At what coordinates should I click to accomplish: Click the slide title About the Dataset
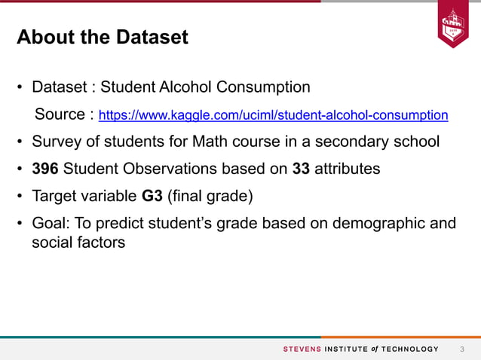pos(103,37)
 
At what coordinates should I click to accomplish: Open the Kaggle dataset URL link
pos(274,115)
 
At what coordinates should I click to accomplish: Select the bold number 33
pos(301,169)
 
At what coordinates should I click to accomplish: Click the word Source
pos(60,115)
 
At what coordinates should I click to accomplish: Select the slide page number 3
pos(462,349)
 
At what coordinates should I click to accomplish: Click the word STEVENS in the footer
pos(302,349)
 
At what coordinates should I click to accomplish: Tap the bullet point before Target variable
pos(20,197)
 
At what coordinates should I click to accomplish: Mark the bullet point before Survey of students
pos(20,142)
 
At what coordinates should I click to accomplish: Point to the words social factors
pos(78,243)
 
